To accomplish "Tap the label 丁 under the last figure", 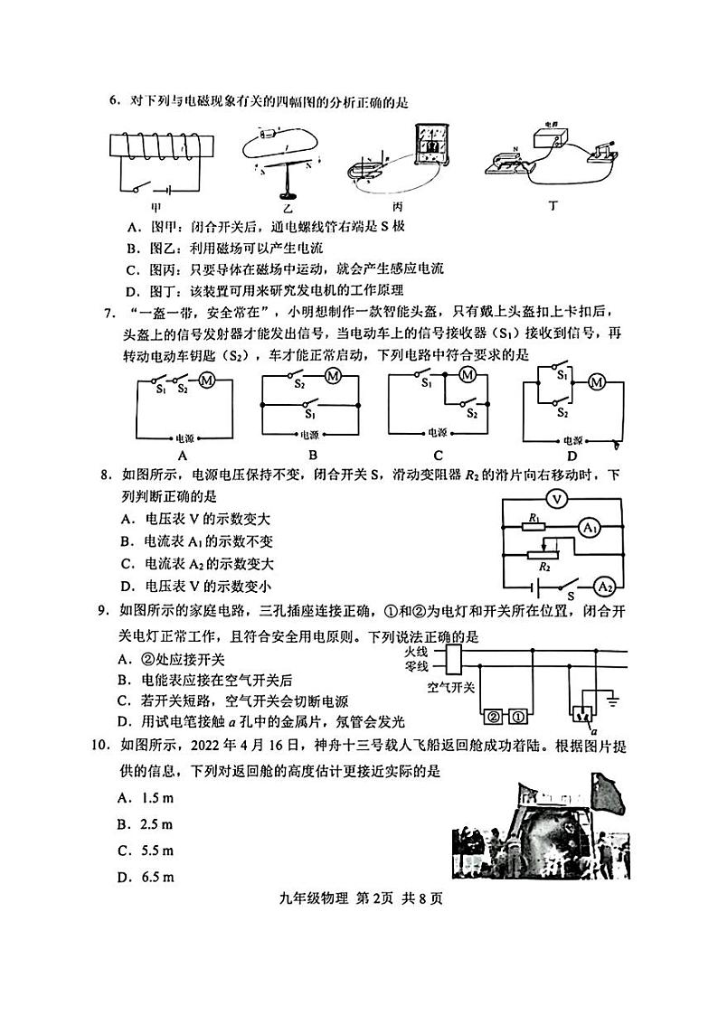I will pyautogui.click(x=553, y=205).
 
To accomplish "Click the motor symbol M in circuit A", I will pyautogui.click(x=205, y=381).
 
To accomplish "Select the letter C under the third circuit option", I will pyautogui.click(x=438, y=456).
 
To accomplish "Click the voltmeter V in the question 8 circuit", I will pyautogui.click(x=558, y=498).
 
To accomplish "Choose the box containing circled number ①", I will pyautogui.click(x=517, y=719).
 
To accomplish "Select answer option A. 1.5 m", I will pyautogui.click(x=145, y=798).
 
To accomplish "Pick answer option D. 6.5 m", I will pyautogui.click(x=145, y=877).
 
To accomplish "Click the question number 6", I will pyautogui.click(x=114, y=101).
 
